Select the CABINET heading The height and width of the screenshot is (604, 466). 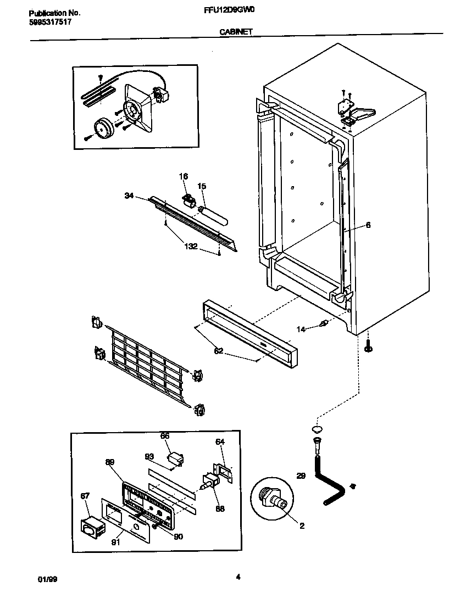coord(236,32)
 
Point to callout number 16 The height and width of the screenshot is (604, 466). coord(183,176)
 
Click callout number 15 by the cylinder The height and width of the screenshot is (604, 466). coord(201,187)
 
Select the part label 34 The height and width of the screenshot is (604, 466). coord(129,194)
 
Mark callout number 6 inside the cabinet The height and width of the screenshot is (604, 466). coord(368,225)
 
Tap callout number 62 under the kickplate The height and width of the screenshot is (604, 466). coord(218,351)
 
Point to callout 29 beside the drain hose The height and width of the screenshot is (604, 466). coord(301,476)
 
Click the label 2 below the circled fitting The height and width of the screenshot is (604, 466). coord(302,525)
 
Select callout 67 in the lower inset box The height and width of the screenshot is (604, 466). coord(85,496)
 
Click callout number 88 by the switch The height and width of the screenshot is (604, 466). coord(220,508)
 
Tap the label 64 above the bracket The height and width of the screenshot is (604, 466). coord(219,441)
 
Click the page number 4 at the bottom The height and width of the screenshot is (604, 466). coord(237,577)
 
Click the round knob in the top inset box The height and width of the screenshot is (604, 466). coord(102,128)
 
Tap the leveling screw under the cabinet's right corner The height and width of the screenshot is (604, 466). coord(368,345)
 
